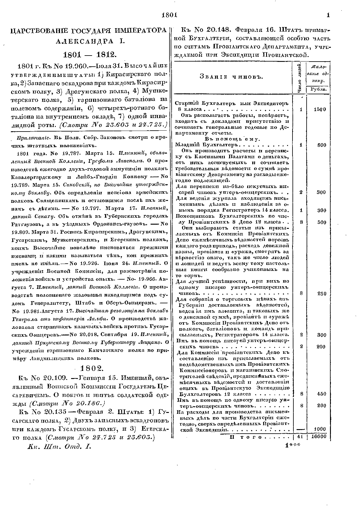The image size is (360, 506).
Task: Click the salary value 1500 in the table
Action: click(320, 109)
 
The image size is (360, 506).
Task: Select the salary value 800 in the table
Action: click(321, 145)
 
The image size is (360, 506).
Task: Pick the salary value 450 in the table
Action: click(321, 394)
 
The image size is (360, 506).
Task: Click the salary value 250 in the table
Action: click(321, 294)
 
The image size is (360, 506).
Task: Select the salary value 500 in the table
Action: click(321, 222)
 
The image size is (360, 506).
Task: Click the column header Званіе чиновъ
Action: click(231, 77)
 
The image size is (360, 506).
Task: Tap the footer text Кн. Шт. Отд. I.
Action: click(58, 446)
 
